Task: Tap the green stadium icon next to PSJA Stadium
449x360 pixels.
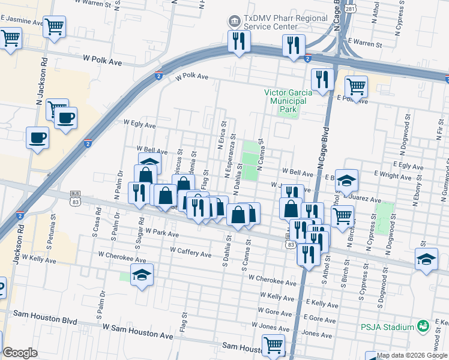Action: coord(424,326)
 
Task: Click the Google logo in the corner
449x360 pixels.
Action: coord(20,353)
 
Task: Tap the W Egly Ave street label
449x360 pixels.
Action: coord(139,123)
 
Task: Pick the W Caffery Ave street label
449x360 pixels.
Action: coord(190,252)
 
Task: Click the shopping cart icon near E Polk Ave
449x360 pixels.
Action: coord(357,86)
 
